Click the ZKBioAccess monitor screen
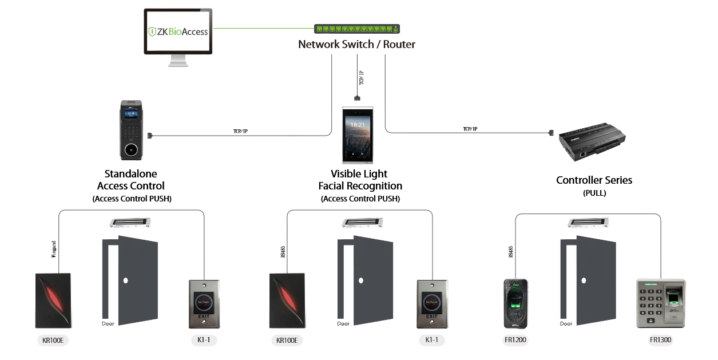point(177,31)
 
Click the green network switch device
point(357,29)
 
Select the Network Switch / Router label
point(356,44)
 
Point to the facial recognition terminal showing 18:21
point(357,136)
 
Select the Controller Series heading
point(594,180)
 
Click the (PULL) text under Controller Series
point(594,193)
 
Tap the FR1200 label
point(515,340)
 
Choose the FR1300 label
point(660,340)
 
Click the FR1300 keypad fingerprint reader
point(660,303)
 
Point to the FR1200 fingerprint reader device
point(515,303)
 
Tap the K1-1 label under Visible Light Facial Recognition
point(431,340)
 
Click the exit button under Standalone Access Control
point(204,303)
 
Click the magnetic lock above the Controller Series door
point(586,223)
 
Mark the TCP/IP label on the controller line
point(470,129)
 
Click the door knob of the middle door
point(360,281)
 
